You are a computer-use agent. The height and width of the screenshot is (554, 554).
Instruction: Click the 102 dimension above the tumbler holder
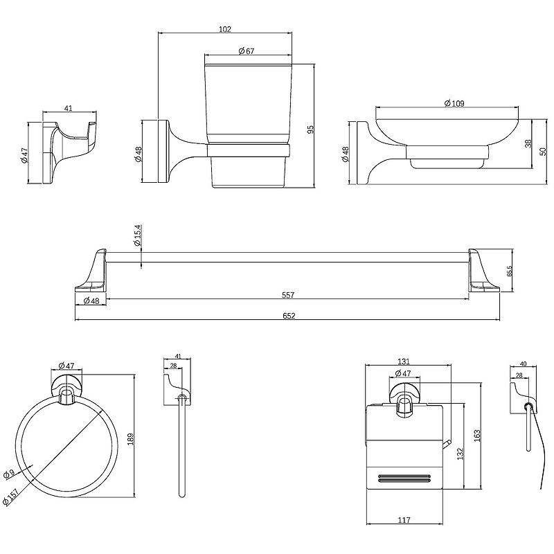224,29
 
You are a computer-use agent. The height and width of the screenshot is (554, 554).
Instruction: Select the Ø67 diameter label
247,51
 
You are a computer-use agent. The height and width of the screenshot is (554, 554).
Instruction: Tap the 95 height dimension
311,129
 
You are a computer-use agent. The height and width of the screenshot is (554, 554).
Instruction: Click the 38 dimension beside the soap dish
528,144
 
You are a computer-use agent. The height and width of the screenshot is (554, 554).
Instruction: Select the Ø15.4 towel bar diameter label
138,236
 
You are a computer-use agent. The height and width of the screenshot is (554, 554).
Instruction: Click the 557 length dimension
288,296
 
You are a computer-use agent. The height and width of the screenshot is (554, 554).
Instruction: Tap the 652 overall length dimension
288,316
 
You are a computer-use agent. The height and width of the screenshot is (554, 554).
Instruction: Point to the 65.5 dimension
510,271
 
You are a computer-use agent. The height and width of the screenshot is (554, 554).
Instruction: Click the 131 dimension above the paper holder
405,361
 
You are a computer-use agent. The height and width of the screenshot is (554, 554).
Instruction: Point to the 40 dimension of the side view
522,362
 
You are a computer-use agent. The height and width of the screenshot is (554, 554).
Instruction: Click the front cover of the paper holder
405,443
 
